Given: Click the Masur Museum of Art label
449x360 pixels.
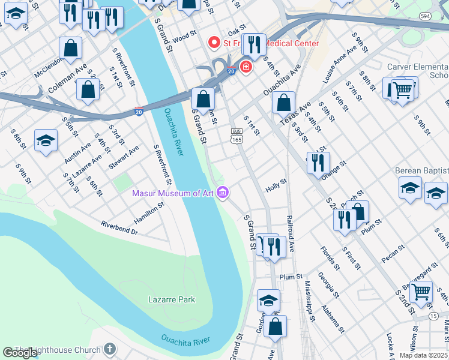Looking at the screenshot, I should [173, 193].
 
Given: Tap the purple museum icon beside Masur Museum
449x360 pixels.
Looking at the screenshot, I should [223, 193].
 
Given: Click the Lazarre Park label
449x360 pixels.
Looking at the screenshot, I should [172, 299].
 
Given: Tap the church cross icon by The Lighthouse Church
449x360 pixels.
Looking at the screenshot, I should [109, 349].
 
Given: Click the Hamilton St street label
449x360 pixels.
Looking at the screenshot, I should [149, 213].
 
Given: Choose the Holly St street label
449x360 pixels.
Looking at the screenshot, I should [276, 186].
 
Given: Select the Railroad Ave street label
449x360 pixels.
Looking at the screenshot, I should [291, 234].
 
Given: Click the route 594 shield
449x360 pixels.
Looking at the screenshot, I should [426, 16].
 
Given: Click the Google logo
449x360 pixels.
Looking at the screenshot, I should [20, 353].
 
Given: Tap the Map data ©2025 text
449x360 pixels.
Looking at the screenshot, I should [423, 355].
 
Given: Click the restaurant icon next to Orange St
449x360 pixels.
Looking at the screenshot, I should [318, 162].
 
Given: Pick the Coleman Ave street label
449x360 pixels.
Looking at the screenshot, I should [68, 80].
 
